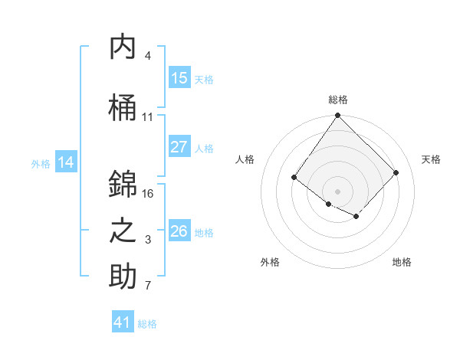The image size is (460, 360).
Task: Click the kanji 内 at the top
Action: [123, 47]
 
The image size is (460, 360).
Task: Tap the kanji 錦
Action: [123, 185]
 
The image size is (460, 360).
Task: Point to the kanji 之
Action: [123, 232]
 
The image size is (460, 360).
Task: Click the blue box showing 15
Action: [179, 78]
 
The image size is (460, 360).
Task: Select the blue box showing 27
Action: [179, 147]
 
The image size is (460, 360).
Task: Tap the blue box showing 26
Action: [179, 231]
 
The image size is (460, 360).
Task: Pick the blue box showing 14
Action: [66, 162]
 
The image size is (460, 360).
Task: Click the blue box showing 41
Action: [123, 322]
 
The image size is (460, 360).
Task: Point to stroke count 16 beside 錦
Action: [148, 194]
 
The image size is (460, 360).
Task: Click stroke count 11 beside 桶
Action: [148, 117]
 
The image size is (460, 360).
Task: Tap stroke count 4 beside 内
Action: [148, 56]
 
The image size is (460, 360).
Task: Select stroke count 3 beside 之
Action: [148, 241]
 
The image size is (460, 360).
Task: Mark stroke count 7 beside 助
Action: [148, 286]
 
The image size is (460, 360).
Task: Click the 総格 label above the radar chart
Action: [338, 100]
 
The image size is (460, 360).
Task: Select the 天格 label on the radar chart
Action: [431, 159]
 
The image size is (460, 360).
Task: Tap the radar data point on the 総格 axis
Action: [337, 116]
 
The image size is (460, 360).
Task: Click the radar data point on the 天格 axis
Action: [396, 172]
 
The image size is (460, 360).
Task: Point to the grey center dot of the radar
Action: [337, 191]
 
